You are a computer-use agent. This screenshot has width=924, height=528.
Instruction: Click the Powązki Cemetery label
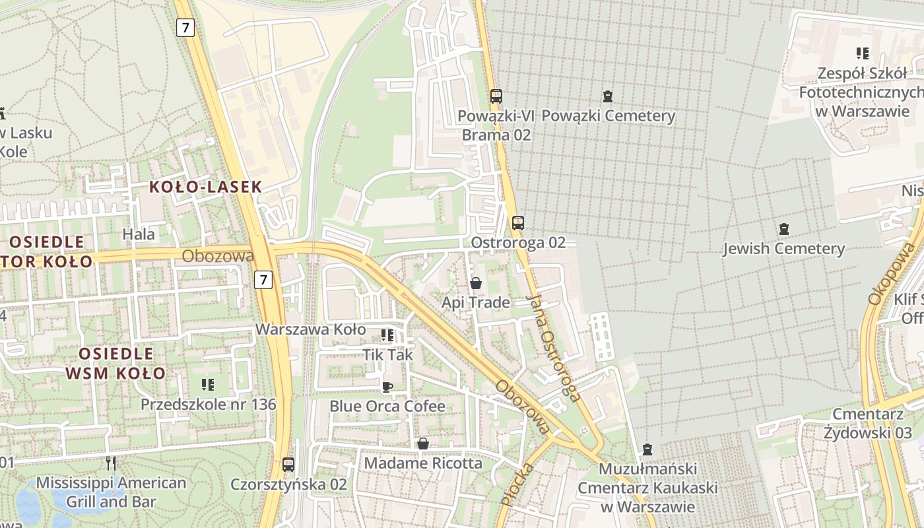(x=608, y=116)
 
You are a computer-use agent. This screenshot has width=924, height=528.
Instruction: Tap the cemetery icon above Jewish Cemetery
(x=783, y=229)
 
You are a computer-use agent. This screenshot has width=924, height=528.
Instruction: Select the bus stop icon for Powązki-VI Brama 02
(x=496, y=96)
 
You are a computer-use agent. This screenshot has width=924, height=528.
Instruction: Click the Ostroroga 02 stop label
(x=518, y=242)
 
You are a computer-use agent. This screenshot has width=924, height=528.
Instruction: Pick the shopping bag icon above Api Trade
(x=476, y=284)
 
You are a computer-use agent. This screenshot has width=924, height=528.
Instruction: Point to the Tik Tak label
(x=387, y=354)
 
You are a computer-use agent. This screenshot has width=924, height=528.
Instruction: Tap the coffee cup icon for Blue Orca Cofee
(x=387, y=387)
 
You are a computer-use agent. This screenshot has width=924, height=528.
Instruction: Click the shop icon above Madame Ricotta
(x=423, y=444)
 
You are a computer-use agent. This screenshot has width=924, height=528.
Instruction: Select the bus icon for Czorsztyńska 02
(x=288, y=464)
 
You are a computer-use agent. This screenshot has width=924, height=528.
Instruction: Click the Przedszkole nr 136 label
(x=208, y=404)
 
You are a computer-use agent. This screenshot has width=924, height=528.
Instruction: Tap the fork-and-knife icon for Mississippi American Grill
(x=111, y=463)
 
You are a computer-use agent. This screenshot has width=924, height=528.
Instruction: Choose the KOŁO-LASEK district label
(x=205, y=187)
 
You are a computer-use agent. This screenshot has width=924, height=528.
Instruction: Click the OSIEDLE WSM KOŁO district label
(x=116, y=363)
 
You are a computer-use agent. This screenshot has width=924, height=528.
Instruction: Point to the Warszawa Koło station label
(x=310, y=329)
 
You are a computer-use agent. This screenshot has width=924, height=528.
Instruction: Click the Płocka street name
(x=517, y=485)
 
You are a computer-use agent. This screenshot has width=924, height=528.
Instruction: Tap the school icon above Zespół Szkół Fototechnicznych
(x=862, y=53)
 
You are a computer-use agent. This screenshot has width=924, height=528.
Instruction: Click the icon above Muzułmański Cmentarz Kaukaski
(x=647, y=449)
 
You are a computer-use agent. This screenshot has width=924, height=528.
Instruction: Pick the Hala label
(x=139, y=234)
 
